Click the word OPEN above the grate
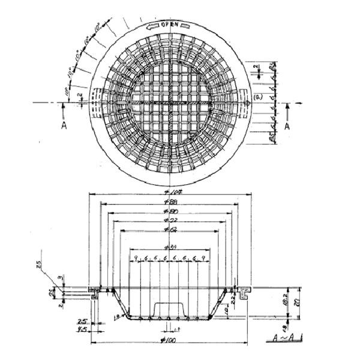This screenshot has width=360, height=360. click(x=170, y=25)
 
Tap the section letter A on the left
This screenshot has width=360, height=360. click(x=64, y=126)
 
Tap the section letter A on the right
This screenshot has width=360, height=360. click(x=287, y=126)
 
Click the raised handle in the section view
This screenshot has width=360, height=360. click(x=170, y=309)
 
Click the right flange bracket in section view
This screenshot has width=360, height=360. click(x=243, y=292)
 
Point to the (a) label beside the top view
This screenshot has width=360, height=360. click(x=257, y=95)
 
